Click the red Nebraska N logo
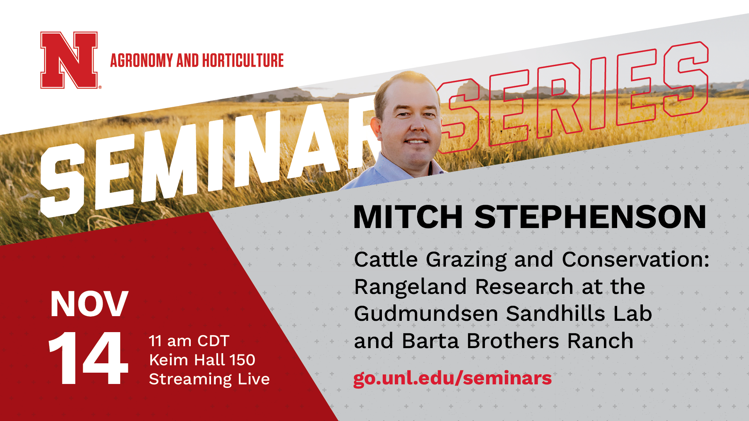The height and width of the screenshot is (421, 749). click(x=69, y=60)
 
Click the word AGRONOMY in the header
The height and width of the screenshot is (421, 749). click(x=142, y=60)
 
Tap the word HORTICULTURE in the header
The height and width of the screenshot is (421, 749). click(x=243, y=60)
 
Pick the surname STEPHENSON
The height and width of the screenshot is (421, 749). click(x=590, y=217)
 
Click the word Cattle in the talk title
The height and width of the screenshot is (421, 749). click(x=386, y=259)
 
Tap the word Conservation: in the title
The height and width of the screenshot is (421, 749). click(x=635, y=259)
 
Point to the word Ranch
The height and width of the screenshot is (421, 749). click(x=600, y=341)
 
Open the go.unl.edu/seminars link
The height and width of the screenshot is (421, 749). click(x=453, y=378)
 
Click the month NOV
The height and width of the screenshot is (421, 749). click(x=89, y=304)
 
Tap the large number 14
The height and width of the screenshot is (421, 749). click(x=88, y=358)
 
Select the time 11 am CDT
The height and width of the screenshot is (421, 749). click(x=189, y=341)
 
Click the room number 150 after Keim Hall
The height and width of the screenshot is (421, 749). click(x=242, y=360)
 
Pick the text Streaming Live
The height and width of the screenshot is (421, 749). click(x=209, y=379)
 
